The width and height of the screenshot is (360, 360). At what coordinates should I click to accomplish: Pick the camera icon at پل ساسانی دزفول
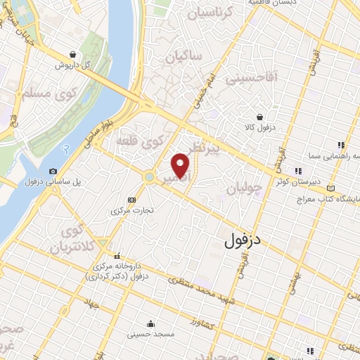point(53,171)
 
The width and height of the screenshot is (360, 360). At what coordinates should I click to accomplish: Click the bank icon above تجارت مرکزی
point(134,199)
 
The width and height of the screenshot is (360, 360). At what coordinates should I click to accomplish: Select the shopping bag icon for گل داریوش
point(73,54)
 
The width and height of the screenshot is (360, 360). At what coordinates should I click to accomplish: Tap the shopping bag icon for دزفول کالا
point(260,117)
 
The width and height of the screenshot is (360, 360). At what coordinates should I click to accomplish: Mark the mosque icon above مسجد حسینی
point(151,324)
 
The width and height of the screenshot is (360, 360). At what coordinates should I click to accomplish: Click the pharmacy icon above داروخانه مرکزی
point(117,255)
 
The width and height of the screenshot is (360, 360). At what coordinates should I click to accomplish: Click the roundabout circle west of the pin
point(150,177)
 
